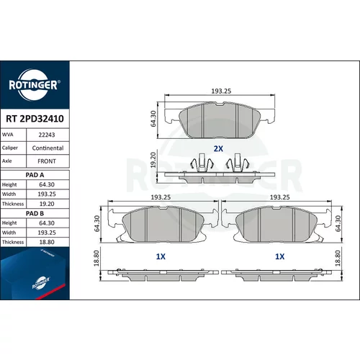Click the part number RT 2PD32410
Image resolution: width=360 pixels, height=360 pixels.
click(35, 119)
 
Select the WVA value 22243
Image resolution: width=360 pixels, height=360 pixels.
click(47, 135)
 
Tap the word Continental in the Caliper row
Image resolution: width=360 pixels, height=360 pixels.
click(48, 148)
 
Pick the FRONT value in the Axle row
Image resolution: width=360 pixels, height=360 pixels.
click(47, 161)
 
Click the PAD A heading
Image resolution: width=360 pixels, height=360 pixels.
click(35, 175)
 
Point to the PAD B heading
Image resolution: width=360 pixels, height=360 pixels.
click(35, 213)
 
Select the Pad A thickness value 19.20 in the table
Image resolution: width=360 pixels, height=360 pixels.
click(47, 204)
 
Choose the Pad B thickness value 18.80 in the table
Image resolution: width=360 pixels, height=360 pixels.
click(47, 242)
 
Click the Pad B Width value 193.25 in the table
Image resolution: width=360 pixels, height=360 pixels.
click(47, 233)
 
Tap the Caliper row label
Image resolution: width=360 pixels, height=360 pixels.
click(10, 148)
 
